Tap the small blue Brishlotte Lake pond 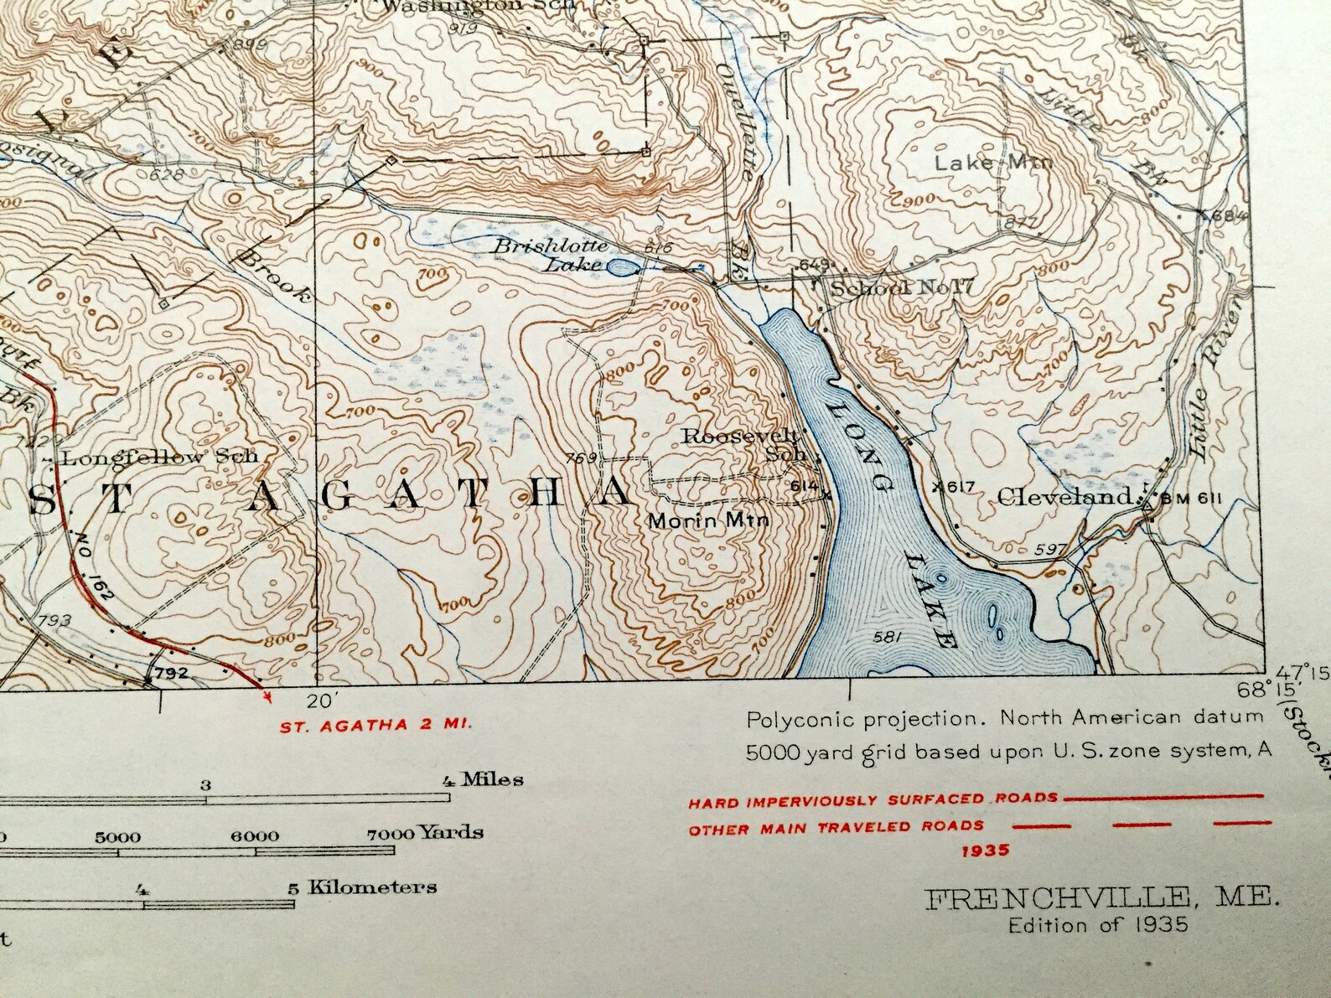(620, 268)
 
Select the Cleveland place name (1064, 497)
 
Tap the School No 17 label (900, 288)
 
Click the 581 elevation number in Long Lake (886, 638)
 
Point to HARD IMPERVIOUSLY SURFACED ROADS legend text (873, 801)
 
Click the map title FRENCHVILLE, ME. (1103, 901)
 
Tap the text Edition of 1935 (1098, 925)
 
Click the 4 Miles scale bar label (483, 780)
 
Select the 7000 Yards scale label (425, 833)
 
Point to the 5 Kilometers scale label (364, 887)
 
